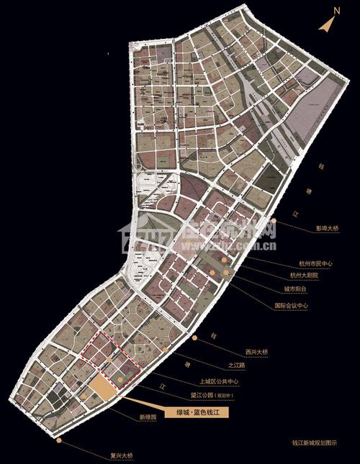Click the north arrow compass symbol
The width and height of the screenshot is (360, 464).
coord(326,23)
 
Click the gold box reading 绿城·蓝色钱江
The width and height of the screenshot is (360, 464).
coord(192,412)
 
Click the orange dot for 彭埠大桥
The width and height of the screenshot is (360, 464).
coord(276,221)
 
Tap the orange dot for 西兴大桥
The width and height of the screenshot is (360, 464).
coord(194,337)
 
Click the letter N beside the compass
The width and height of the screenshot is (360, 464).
coord(336,11)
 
